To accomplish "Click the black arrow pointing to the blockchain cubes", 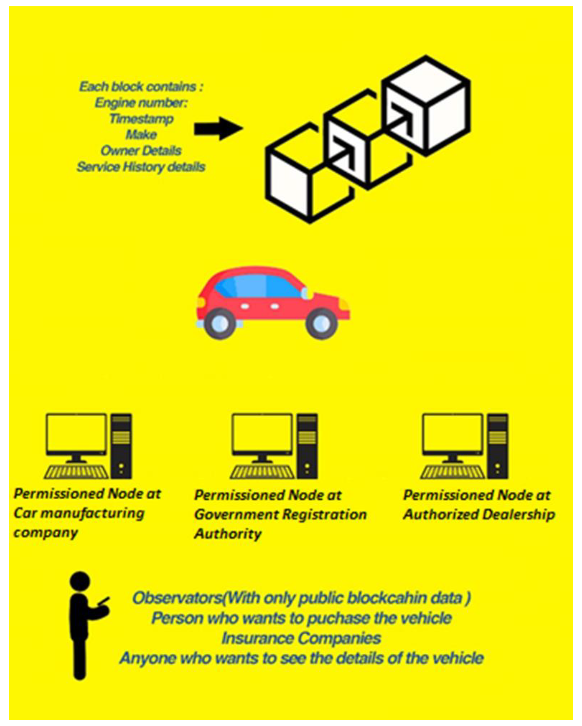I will (218, 128).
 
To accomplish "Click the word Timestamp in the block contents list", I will (141, 119).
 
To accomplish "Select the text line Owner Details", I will (141, 151).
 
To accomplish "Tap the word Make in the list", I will (141, 135).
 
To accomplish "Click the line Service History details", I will (141, 167).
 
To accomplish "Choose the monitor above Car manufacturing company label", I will (76, 434).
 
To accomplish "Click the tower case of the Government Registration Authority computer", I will (307, 446).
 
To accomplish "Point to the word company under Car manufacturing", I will (46, 533).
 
